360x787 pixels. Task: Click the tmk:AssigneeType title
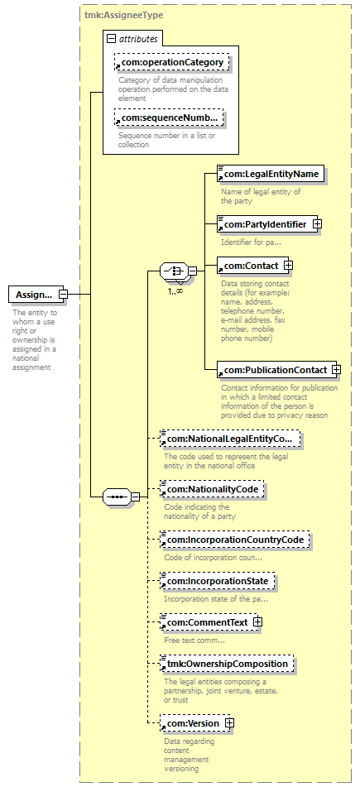pos(123,15)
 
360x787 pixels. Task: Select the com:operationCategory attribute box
pos(171,62)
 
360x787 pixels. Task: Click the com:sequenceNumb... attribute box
pos(169,118)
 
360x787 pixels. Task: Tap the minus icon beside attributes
pos(112,39)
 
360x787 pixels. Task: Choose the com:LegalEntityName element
pos(271,174)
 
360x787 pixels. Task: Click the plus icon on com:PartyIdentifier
pos(317,224)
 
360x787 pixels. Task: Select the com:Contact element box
pos(253,265)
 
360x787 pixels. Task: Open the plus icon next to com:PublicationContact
pos(336,370)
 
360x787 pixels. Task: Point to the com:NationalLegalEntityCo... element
pos(229,439)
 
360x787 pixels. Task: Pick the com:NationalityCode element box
pos(212,489)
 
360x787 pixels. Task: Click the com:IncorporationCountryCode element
pos(234,540)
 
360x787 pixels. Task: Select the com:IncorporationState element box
pos(218,581)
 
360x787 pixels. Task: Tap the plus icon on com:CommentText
pos(257,622)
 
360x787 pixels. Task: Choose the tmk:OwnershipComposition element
pos(227,664)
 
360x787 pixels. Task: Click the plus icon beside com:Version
pos(229,723)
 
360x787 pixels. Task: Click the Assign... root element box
pos(36,294)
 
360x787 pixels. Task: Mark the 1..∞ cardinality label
pos(175,290)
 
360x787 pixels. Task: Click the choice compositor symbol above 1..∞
pos(174,271)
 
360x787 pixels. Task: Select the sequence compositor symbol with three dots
pos(117,497)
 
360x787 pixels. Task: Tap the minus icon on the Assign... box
pos(63,294)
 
